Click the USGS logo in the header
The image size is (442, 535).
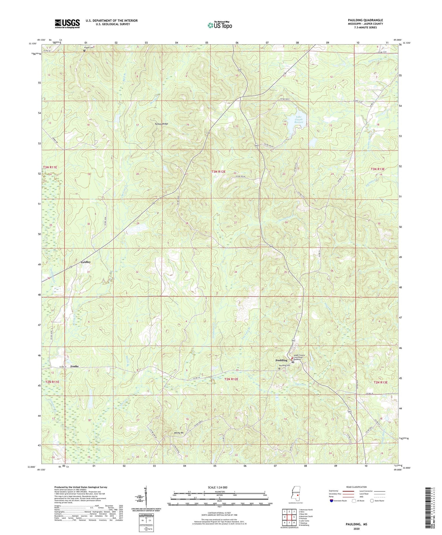(x=67, y=24)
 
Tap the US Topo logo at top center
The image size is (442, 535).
(x=220, y=25)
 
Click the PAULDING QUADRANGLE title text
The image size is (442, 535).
(x=365, y=20)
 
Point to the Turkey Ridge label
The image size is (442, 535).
(x=161, y=124)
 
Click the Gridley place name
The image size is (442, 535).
(x=86, y=262)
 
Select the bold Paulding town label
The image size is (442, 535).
(x=281, y=360)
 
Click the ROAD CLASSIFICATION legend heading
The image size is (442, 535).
(x=356, y=487)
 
